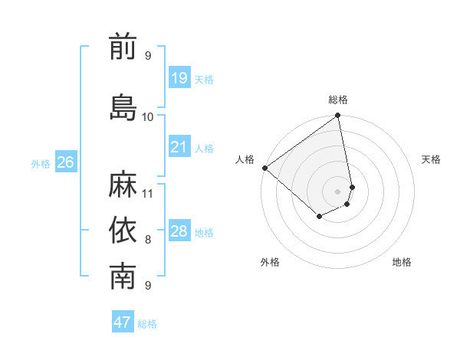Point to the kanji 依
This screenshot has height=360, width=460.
point(123,231)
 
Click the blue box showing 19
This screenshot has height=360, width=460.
point(179,78)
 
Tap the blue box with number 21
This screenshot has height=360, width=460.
point(179,147)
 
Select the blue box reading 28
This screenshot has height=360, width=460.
point(179,231)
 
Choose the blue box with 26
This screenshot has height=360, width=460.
point(66,162)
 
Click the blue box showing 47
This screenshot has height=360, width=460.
point(123,322)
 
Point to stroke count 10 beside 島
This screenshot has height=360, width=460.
point(148,116)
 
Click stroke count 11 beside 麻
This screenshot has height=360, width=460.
point(148,193)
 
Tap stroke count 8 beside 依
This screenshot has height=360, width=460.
point(148,240)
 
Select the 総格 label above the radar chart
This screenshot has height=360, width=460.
point(338,100)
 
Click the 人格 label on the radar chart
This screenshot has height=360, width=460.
point(245,159)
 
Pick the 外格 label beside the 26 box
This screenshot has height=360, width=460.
point(41,163)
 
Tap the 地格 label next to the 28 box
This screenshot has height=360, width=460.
point(204,232)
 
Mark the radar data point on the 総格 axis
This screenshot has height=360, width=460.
point(338,116)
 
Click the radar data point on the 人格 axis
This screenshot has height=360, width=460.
point(264,168)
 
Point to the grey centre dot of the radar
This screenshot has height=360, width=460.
point(338,191)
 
